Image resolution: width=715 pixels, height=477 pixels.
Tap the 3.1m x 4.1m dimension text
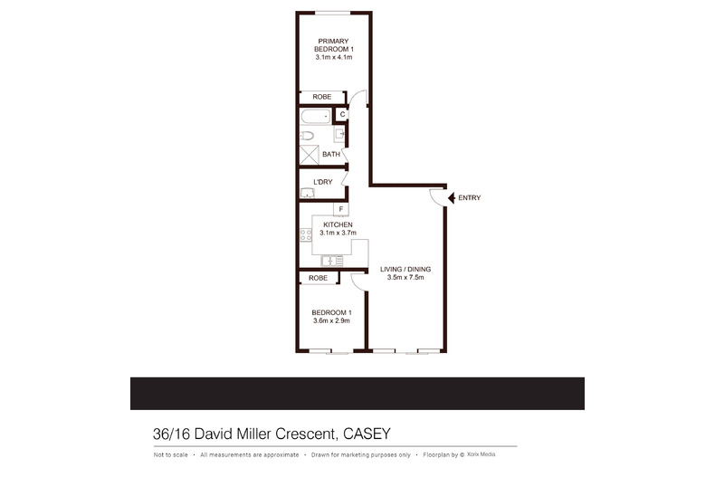click(x=332, y=57)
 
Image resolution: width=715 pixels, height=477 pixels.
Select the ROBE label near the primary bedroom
click(x=321, y=97)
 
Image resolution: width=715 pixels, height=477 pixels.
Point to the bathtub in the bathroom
click(x=314, y=116)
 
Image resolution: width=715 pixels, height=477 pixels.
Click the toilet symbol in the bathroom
click(x=308, y=137)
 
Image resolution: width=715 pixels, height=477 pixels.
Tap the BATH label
click(x=331, y=155)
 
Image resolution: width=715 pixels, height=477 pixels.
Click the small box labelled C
click(x=343, y=114)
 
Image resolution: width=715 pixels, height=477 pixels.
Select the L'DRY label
click(x=322, y=182)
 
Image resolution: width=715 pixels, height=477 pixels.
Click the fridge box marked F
click(x=341, y=210)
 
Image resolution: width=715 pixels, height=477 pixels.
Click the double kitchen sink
click(x=329, y=261)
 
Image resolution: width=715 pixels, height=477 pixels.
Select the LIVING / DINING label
click(x=405, y=270)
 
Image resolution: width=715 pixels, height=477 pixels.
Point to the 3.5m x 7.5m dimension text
click(x=405, y=278)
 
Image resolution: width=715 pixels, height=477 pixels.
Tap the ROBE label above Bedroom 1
click(x=318, y=279)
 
